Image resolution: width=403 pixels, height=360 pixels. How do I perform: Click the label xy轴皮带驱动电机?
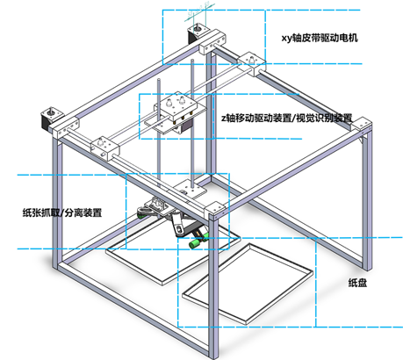point(320,38)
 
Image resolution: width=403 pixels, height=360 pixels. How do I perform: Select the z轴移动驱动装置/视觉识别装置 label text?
point(286,118)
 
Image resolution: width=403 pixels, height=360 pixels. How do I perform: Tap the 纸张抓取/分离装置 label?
point(62,212)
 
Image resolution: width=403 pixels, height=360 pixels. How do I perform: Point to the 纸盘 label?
point(357,283)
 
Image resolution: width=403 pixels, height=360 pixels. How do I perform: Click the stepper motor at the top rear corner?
point(198,34)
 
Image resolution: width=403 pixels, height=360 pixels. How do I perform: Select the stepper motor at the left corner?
point(51,119)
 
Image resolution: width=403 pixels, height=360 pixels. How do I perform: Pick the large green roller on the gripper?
point(195,243)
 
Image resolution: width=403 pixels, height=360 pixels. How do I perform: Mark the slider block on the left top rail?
point(104,148)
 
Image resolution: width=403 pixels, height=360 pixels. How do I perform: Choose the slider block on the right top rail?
point(252,64)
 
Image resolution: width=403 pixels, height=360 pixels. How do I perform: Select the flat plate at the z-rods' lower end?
point(190,188)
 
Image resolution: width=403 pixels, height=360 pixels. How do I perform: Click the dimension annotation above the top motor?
point(200,12)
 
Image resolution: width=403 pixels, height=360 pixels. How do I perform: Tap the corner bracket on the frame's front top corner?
point(215,211)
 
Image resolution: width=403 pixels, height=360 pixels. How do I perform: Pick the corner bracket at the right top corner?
point(362,126)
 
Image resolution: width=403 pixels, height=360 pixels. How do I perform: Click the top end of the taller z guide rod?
point(192,61)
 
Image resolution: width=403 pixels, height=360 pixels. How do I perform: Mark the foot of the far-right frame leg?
point(367,267)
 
